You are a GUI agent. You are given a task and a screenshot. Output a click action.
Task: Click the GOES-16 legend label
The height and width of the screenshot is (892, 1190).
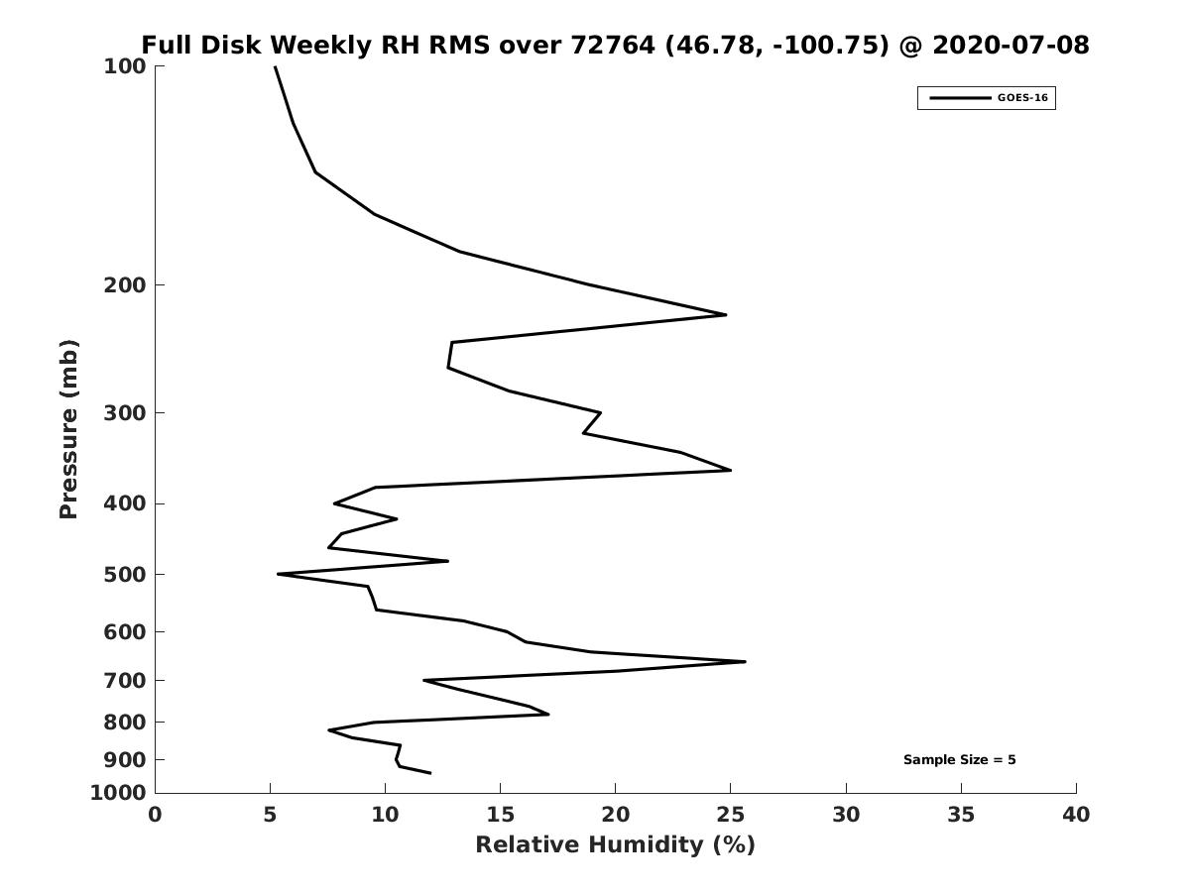point(1022,98)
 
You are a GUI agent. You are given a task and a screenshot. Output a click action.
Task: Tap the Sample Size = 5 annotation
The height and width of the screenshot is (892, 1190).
point(959,760)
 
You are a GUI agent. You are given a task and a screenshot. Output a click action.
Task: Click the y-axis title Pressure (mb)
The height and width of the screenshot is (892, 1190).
point(68,429)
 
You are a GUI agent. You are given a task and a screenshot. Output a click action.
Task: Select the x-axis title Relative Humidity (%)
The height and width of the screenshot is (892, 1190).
point(616,845)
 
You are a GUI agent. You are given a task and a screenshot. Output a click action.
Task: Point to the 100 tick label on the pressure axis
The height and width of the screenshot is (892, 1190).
point(125,66)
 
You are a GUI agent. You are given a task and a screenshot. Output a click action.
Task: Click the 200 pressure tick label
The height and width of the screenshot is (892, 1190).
point(125,284)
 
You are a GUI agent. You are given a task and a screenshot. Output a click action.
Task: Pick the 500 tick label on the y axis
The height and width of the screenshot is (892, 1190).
point(125,575)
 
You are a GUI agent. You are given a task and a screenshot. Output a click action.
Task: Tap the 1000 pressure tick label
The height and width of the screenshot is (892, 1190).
point(118,793)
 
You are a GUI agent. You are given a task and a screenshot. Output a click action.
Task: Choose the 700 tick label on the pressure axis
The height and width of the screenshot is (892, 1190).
point(125,681)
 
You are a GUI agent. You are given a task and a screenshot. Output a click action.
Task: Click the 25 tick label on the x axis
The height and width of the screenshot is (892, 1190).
point(730,815)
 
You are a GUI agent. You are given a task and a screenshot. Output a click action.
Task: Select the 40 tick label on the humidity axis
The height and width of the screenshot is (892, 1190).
point(1076,815)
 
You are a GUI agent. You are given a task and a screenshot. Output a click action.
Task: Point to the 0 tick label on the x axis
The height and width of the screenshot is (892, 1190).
point(155,815)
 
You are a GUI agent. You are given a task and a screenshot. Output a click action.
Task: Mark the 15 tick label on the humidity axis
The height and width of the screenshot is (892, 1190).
point(500,815)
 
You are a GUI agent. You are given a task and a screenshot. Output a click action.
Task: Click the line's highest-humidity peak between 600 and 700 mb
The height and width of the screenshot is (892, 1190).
point(745,661)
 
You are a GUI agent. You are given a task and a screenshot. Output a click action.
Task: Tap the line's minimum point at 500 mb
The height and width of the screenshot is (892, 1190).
point(278,574)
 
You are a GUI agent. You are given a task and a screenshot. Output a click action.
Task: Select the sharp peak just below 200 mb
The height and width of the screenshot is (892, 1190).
point(725,314)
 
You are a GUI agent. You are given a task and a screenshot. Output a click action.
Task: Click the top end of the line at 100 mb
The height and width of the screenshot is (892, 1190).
point(276,66)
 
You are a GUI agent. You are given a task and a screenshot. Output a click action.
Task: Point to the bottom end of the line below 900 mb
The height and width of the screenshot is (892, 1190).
point(430,773)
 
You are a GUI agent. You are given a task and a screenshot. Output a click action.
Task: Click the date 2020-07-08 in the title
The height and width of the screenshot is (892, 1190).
point(1011,45)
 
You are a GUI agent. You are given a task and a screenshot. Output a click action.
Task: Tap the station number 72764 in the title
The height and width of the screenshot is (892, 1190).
point(613,45)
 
